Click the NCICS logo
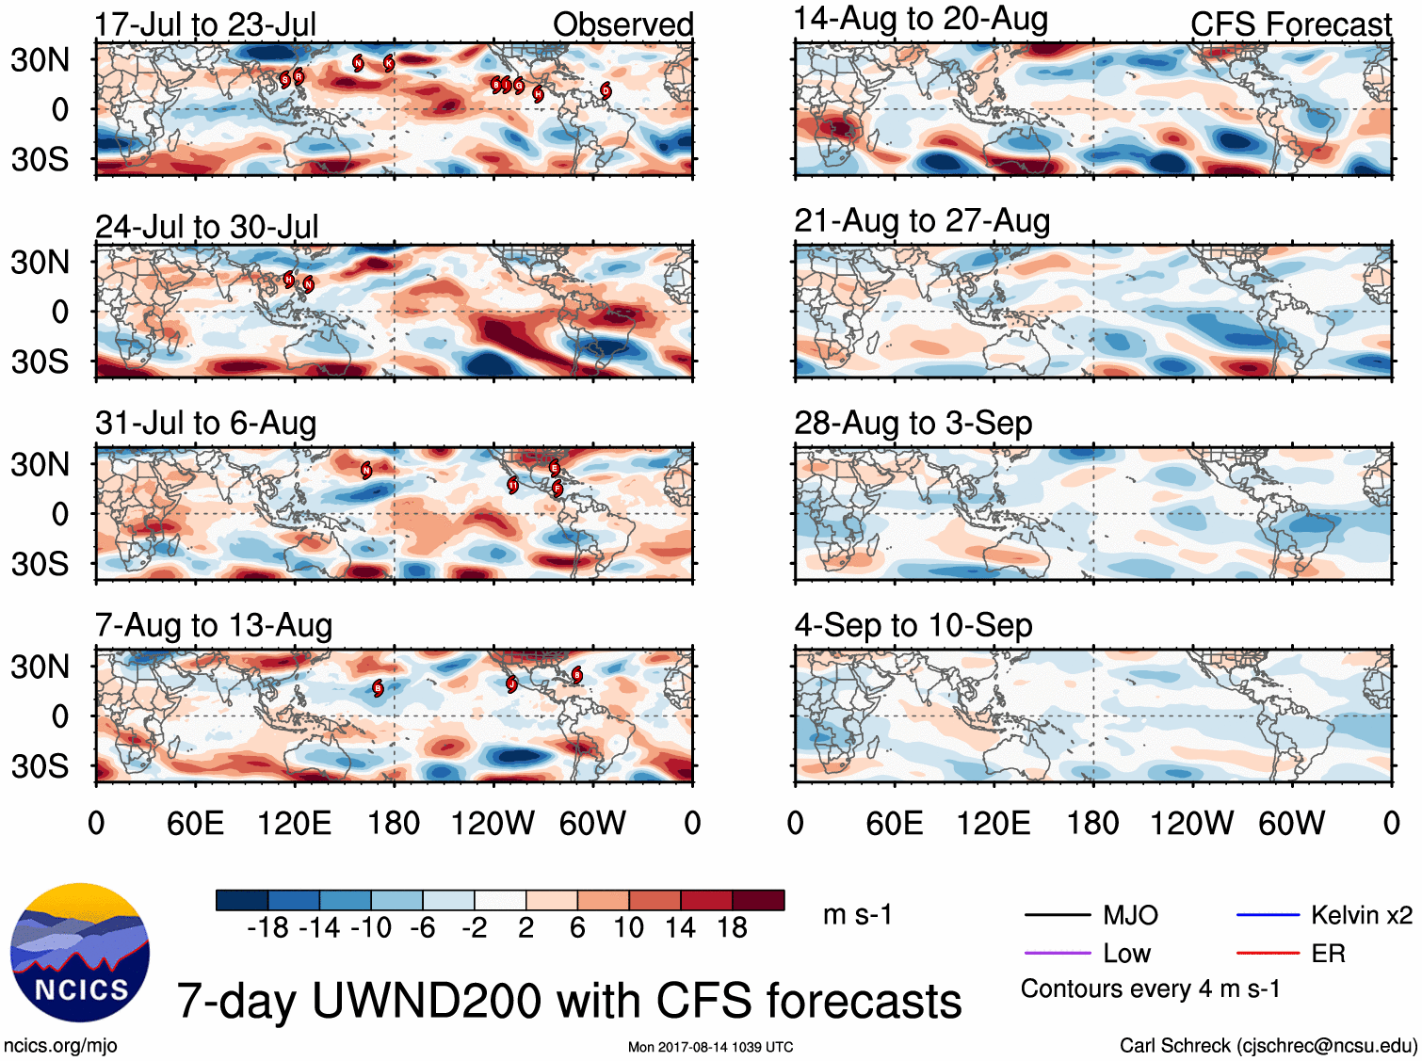pos(80,953)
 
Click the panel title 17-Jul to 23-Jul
pos(205,24)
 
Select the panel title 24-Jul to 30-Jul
pos(207,227)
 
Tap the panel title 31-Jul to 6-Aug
pos(205,424)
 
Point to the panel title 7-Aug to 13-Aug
pos(214,626)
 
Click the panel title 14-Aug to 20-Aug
pos(920,19)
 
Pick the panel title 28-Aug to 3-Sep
pos(913,424)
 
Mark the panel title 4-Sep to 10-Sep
pos(913,626)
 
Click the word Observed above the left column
pos(622,24)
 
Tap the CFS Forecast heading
pos(1290,24)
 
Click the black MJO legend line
pos(1057,915)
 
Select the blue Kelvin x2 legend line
pos(1268,915)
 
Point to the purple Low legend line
pos(1057,954)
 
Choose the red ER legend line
pos(1268,954)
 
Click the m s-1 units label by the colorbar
pos(857,915)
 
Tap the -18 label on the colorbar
pos(268,928)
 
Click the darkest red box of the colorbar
pos(758,900)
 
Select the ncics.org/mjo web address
pos(60,1045)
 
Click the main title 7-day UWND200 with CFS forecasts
pos(569,1001)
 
